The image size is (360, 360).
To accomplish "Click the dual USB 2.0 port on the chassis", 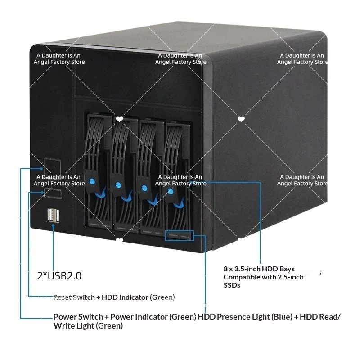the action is click(53, 216).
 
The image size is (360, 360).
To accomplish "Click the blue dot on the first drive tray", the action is click(92, 182).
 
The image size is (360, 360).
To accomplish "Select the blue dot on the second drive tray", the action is click(118, 185).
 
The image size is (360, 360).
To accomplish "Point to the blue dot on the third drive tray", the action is click(144, 188).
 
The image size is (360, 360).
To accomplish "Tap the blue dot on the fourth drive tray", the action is click(171, 191).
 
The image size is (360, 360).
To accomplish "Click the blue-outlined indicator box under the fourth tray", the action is click(180, 236).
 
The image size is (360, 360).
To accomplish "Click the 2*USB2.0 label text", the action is click(59, 276).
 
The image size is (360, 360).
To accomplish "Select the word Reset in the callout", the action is click(63, 297).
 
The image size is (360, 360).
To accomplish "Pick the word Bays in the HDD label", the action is click(287, 269).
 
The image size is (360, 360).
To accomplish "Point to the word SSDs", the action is click(232, 285).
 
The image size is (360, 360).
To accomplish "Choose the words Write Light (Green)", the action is click(88, 326).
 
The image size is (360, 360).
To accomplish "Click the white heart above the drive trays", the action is click(119, 119).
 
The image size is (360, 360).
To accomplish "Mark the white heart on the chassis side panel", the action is click(241, 119).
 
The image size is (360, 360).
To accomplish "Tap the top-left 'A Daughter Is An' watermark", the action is click(58, 55).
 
